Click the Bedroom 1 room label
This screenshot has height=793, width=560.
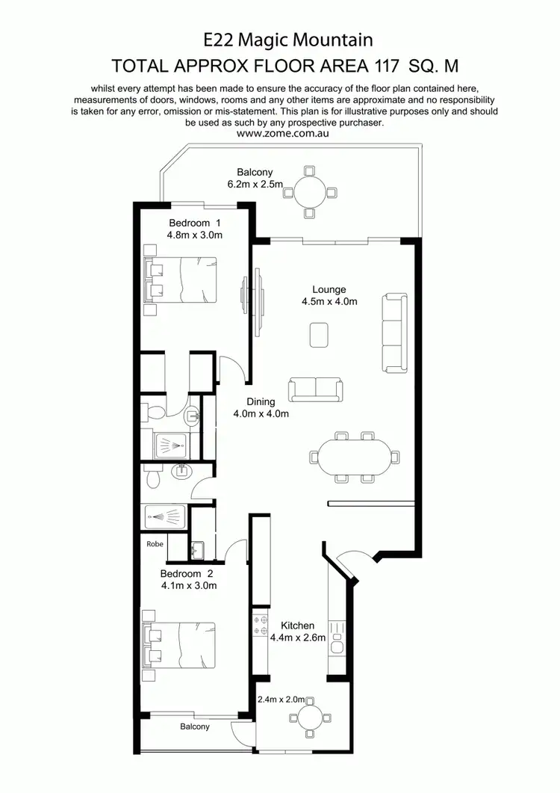(x=195, y=222)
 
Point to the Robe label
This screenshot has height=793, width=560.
(x=155, y=544)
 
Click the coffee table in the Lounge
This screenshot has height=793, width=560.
(x=320, y=334)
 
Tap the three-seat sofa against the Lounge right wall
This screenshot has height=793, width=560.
(x=396, y=333)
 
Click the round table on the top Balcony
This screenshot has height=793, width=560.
(x=310, y=192)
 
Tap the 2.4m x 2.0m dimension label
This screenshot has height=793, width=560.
(x=281, y=700)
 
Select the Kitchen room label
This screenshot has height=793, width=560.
(x=297, y=626)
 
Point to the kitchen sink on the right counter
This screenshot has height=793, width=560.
(x=337, y=644)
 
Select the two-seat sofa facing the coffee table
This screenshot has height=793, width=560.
(x=317, y=388)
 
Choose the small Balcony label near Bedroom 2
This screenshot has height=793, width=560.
(x=195, y=726)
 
